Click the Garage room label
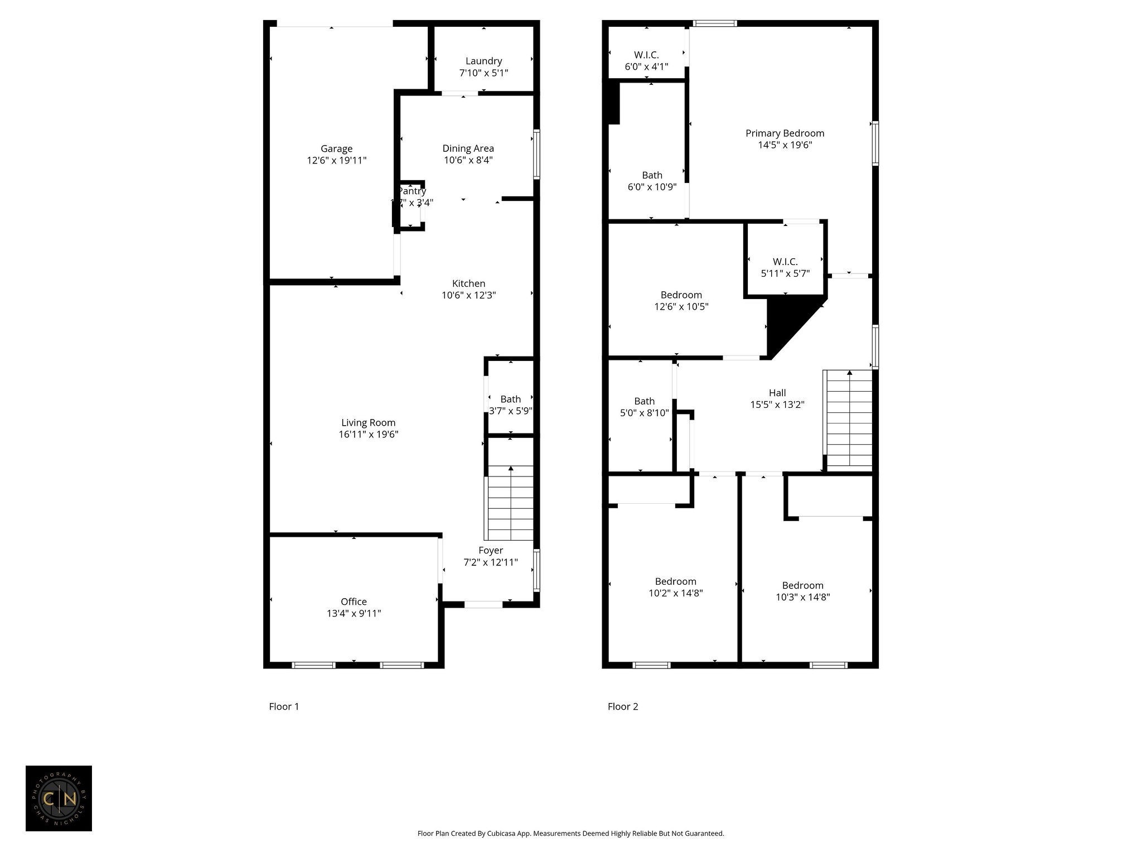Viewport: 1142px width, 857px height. [336, 149]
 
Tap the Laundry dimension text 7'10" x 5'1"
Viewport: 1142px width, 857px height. [483, 73]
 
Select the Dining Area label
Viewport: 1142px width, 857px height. [468, 148]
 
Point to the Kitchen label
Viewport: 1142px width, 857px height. [468, 283]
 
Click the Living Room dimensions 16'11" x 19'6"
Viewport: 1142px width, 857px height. [368, 435]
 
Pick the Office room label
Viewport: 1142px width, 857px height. [354, 601]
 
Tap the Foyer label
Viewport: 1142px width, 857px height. [491, 551]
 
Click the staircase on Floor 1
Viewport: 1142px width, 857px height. [510, 502]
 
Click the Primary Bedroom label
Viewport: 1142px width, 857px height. [785, 133]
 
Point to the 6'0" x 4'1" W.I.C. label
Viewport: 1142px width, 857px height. [646, 61]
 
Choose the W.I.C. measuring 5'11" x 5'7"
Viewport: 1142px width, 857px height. [785, 267]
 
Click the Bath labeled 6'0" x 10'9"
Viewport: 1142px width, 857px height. [652, 181]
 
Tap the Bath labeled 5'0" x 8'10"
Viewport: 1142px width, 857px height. [644, 407]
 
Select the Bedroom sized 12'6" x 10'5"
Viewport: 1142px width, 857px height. [681, 301]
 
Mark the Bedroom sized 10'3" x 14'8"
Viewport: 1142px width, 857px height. [802, 591]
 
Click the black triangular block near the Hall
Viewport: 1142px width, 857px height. [786, 324]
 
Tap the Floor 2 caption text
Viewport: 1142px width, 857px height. [622, 706]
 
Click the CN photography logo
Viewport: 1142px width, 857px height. [59, 798]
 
